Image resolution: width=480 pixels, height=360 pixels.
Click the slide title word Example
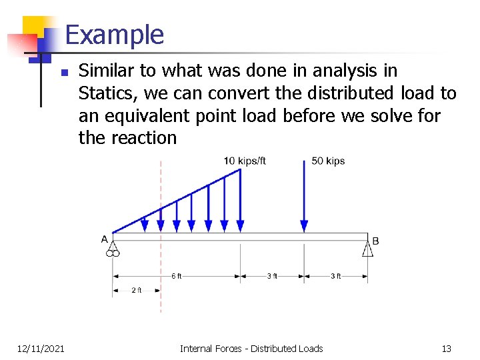(114, 35)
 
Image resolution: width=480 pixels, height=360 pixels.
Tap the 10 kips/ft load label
(245, 161)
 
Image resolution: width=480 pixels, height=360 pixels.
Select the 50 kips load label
(328, 161)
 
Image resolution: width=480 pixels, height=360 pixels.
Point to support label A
(105, 239)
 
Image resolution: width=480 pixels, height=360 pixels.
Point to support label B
(375, 240)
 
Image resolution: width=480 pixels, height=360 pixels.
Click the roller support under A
(113, 250)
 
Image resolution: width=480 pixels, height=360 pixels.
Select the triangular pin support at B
(367, 249)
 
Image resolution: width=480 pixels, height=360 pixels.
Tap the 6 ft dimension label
(176, 276)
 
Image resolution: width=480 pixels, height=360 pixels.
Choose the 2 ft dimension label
(137, 290)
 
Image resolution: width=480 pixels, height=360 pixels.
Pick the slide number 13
(447, 348)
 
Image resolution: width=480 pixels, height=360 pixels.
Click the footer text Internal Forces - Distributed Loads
(251, 348)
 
